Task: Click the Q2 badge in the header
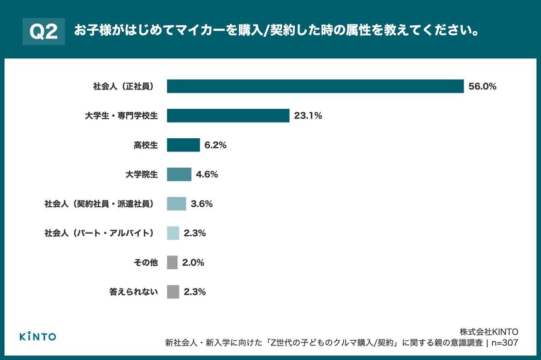pos(43,32)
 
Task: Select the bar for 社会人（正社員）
pos(315,86)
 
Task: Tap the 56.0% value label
pos(483,87)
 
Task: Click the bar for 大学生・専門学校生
pos(228,115)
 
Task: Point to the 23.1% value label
pos(308,116)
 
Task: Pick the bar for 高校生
pos(183,145)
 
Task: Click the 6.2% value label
pos(215,145)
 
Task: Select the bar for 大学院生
pos(179,174)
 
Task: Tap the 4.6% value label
pos(207,175)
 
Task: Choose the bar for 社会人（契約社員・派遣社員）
pos(176,204)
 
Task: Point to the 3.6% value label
pos(202,204)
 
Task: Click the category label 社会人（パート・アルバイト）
pos(101,233)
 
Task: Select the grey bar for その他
pos(172,263)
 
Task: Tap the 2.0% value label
pos(194,263)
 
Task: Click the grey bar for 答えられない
pos(173,292)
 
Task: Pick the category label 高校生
pos(145,145)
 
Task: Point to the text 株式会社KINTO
pos(489,332)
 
